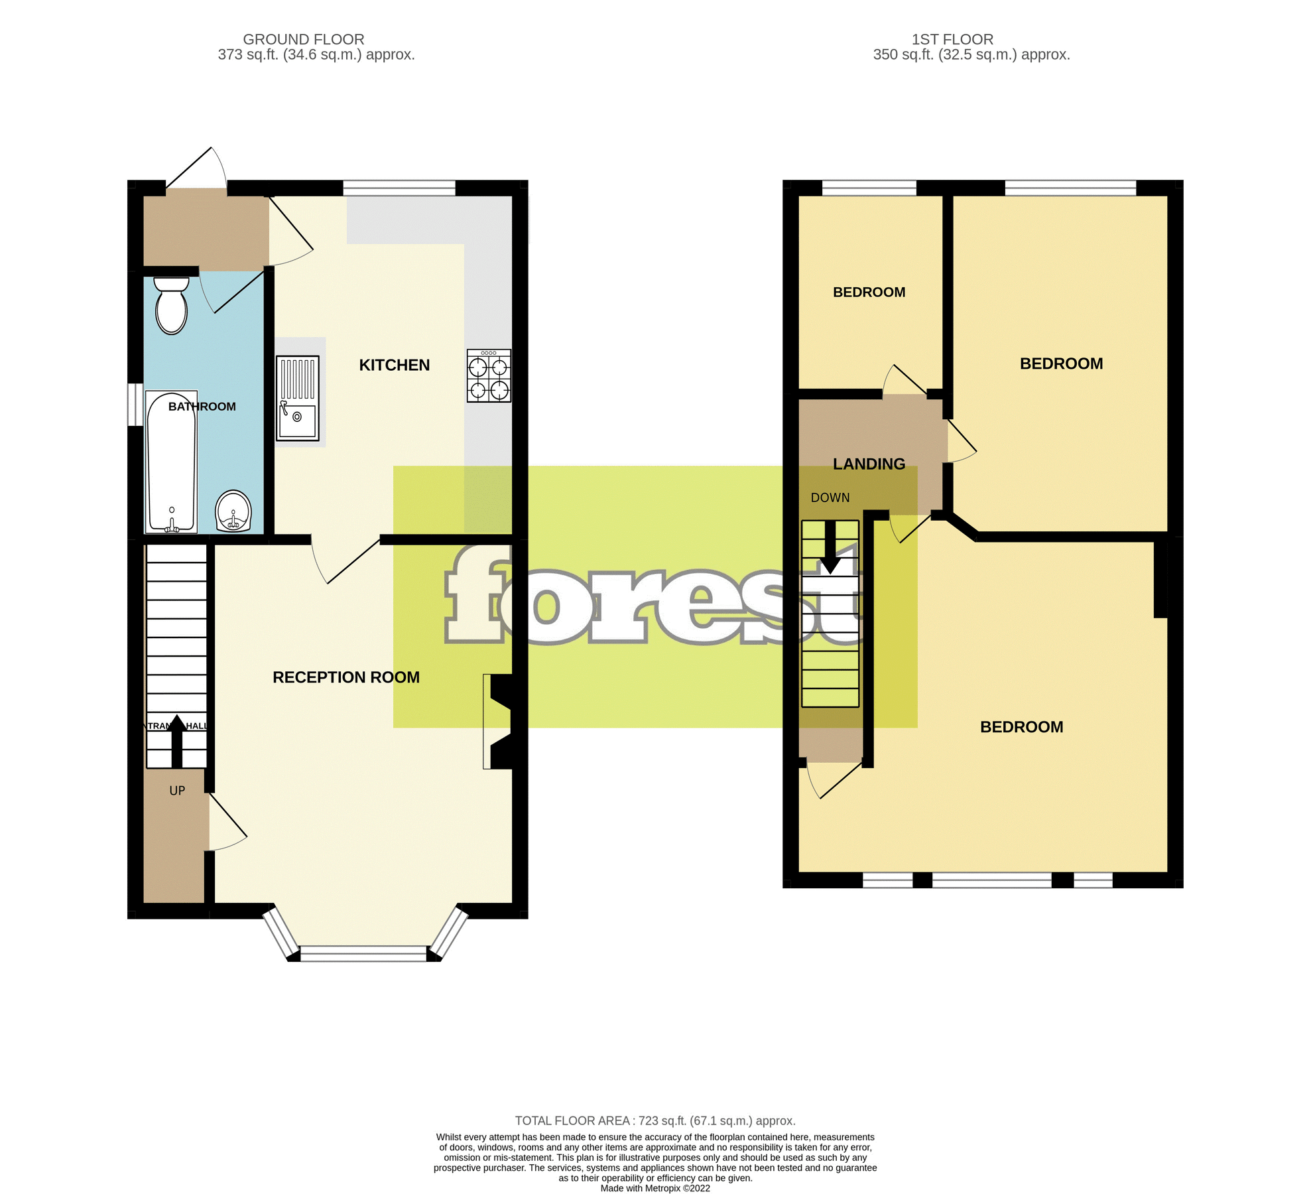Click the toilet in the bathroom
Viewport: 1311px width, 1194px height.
pyautogui.click(x=171, y=306)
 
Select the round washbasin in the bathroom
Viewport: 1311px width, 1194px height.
pyautogui.click(x=233, y=511)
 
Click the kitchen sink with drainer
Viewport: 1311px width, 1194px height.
pyautogui.click(x=298, y=398)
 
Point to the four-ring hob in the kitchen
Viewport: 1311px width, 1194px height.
pyautogui.click(x=489, y=376)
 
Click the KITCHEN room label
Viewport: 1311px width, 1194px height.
pyautogui.click(x=394, y=365)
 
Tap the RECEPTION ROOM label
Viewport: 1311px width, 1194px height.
pyautogui.click(x=345, y=677)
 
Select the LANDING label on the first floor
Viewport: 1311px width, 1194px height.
pyautogui.click(x=869, y=464)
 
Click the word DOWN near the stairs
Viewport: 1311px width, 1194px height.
pyautogui.click(x=830, y=497)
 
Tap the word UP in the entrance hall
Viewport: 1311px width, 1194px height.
pyautogui.click(x=177, y=791)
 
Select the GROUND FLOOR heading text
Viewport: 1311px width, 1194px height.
pyautogui.click(x=303, y=39)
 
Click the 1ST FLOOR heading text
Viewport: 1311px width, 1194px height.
pyautogui.click(x=952, y=39)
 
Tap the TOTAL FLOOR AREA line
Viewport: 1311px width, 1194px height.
pyautogui.click(x=655, y=1120)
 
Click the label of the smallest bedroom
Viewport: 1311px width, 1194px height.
pyautogui.click(x=869, y=292)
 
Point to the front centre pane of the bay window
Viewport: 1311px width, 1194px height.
pyautogui.click(x=363, y=953)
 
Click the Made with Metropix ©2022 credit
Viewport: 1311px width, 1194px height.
pyautogui.click(x=655, y=1188)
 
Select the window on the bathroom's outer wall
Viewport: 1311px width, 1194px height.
pyautogui.click(x=135, y=404)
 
